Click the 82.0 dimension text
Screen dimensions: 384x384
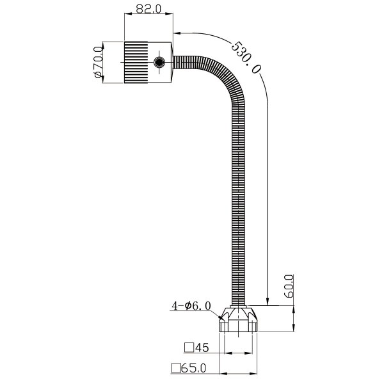point(147,10)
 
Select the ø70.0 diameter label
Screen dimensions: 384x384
point(99,62)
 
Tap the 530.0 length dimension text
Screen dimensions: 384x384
point(248,58)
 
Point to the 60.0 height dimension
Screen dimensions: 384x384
point(289,287)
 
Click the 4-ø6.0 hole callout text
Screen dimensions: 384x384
point(190,306)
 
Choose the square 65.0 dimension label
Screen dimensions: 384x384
point(188,368)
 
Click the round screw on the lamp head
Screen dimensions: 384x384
point(159,62)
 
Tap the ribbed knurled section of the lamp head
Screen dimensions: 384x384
point(136,62)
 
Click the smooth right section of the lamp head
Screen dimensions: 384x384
point(163,74)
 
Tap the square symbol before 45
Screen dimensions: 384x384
point(189,348)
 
